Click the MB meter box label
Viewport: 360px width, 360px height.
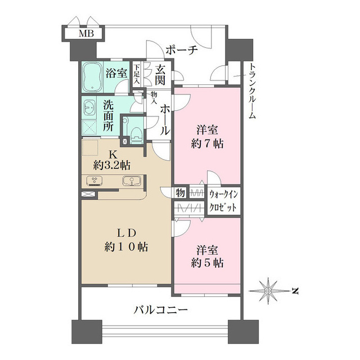(x=86, y=34)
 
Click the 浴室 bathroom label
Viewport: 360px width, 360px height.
(x=116, y=73)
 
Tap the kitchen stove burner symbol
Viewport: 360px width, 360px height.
(x=95, y=181)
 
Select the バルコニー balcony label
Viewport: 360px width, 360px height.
(x=160, y=309)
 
